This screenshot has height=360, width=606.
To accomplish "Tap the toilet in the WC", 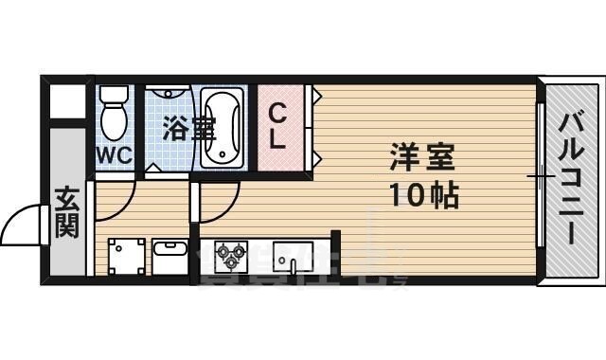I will (114, 120).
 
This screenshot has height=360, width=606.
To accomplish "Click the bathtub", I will (224, 128).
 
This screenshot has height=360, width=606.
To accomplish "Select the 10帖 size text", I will (423, 196).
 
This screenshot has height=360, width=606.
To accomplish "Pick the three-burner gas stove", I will (231, 254).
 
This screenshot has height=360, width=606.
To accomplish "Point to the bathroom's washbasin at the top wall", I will (171, 96).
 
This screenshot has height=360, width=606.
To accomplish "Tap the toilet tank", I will (114, 95).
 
